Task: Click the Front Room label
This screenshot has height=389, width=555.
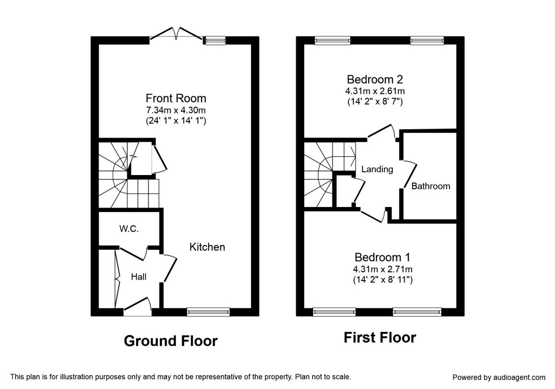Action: (x=176, y=98)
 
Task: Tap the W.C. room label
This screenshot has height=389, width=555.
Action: (x=129, y=229)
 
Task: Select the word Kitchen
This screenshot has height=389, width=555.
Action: (x=207, y=247)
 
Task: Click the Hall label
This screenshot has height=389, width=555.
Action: (x=139, y=277)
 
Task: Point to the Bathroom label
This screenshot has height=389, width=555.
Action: (x=431, y=186)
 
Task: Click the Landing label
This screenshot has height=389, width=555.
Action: (x=377, y=169)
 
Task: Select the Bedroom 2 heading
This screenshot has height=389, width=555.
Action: (x=375, y=79)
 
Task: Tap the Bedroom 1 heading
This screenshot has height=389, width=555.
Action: (x=382, y=257)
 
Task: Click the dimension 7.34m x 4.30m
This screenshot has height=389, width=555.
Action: (x=176, y=111)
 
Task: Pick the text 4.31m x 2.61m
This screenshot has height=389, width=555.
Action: (x=375, y=91)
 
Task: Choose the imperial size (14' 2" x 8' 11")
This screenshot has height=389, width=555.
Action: (x=382, y=280)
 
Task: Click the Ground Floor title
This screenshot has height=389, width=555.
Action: (x=171, y=341)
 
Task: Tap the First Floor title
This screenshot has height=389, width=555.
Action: (x=380, y=338)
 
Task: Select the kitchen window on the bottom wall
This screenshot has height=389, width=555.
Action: (x=208, y=312)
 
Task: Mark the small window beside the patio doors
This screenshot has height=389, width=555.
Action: (x=216, y=41)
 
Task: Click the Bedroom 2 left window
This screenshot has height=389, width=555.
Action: (x=332, y=41)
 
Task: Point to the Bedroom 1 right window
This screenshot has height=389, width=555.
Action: (x=417, y=312)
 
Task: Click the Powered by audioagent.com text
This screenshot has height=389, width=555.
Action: (x=499, y=377)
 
